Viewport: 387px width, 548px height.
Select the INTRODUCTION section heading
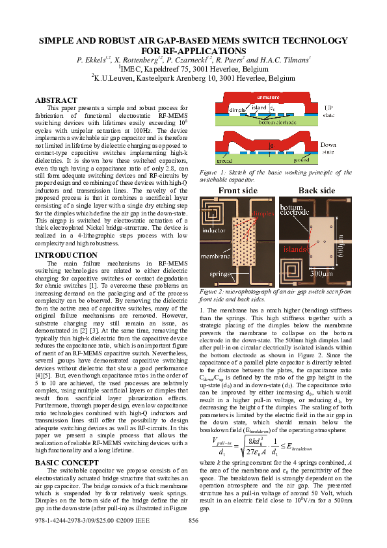point(61,255)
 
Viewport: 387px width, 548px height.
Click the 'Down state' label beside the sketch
point(328,147)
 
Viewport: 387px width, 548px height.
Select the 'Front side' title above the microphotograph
point(237,191)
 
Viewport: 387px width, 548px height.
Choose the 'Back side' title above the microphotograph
point(316,191)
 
